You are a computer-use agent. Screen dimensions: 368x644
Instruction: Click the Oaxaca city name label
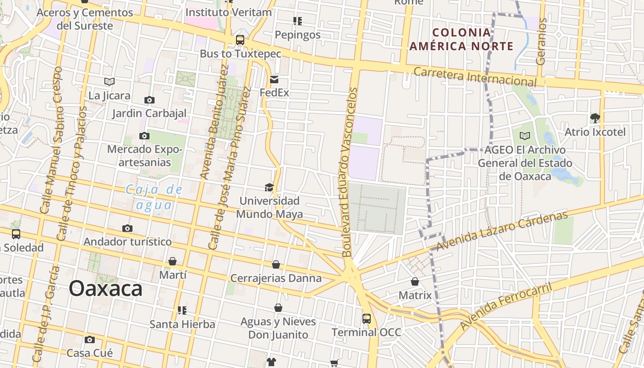coord(105,289)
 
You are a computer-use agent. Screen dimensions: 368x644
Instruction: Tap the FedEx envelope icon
coord(274,80)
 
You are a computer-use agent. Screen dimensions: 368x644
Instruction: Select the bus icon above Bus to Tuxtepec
coord(240,40)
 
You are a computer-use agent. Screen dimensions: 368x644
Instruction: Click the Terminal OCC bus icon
coord(367,318)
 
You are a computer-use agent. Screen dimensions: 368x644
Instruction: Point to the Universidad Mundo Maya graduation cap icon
coord(269,187)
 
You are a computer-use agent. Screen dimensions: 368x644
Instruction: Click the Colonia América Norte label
coord(461,39)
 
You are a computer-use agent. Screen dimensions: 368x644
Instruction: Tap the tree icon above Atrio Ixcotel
coord(595,118)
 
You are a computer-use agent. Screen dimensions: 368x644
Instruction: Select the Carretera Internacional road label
coord(475,76)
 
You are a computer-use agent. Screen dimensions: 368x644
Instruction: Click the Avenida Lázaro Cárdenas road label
coord(502,231)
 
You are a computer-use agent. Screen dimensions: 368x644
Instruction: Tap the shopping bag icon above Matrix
coord(415,282)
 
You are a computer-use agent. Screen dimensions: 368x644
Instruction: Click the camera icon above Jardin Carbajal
coord(149,100)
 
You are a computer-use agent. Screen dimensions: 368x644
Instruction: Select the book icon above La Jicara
coord(109,82)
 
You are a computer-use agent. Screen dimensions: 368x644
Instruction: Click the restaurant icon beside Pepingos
coord(298,21)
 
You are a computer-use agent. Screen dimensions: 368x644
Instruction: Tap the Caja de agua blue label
coord(155,197)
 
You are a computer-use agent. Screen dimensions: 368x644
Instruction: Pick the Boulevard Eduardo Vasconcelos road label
coord(350,172)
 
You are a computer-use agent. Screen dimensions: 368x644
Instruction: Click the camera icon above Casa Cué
coord(90,340)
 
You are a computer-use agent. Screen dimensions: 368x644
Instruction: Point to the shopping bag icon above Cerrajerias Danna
coord(276,264)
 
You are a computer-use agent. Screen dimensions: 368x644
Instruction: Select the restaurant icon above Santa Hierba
coord(182,310)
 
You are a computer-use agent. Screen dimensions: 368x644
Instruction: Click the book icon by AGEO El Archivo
coord(525,136)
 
